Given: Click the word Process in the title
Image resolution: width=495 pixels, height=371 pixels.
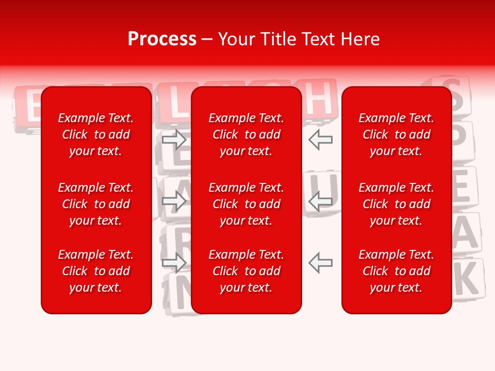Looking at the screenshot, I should click(162, 39).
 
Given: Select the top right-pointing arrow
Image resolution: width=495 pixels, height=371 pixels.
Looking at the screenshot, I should click(174, 140).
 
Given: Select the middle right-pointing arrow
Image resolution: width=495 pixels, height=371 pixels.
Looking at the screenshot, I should click(174, 201).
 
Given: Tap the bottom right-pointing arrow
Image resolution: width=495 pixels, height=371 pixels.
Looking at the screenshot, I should click(174, 263).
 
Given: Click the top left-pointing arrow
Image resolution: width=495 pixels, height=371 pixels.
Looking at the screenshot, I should click(321, 140).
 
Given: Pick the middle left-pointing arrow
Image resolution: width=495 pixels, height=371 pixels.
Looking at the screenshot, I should click(321, 201).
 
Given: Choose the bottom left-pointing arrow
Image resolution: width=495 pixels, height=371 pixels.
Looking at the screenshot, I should click(321, 263).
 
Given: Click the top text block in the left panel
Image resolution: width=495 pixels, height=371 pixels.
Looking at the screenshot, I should click(96, 134).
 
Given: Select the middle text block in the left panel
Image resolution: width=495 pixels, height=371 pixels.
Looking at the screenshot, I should click(96, 204).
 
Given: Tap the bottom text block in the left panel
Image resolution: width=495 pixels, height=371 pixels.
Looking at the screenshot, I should click(96, 271).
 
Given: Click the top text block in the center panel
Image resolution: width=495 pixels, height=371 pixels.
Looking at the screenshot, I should click(246, 134).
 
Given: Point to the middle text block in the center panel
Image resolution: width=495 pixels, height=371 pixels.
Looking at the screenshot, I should click(246, 204).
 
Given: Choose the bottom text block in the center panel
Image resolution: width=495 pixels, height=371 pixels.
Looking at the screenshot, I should click(246, 271).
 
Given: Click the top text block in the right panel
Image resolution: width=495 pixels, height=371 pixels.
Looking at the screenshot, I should click(397, 134).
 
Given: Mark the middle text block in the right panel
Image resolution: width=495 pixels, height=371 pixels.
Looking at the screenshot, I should click(397, 204).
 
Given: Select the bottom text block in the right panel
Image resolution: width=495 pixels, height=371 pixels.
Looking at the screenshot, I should click(397, 271).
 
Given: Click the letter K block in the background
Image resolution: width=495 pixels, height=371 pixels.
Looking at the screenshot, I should click(467, 278).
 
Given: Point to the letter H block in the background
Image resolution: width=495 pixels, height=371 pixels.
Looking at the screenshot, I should click(320, 98).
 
